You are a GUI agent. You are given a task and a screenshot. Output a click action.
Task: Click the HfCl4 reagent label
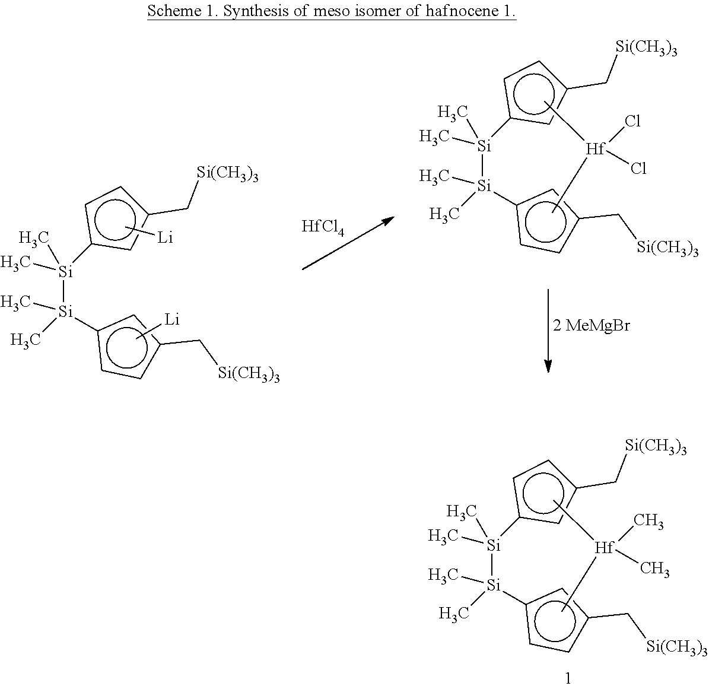pyautogui.click(x=322, y=227)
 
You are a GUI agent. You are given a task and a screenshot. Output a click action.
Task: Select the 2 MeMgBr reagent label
pyautogui.click(x=592, y=325)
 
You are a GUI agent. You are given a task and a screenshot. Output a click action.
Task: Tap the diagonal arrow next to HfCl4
pyautogui.click(x=348, y=243)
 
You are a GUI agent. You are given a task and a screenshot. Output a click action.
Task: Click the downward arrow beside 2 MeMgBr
pyautogui.click(x=548, y=331)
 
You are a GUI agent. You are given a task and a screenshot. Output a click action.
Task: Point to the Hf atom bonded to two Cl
pyautogui.click(x=594, y=148)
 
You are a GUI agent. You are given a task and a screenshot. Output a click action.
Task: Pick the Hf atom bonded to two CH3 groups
pyautogui.click(x=603, y=547)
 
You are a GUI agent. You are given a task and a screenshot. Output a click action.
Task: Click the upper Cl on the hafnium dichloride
pyautogui.click(x=632, y=121)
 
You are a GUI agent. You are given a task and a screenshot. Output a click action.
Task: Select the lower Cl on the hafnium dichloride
pyautogui.click(x=638, y=169)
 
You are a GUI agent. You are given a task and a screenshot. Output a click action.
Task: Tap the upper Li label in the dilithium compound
pyautogui.click(x=165, y=237)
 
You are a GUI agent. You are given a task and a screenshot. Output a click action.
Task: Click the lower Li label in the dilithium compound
pyautogui.click(x=172, y=319)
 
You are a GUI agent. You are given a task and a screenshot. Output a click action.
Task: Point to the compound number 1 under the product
pyautogui.click(x=568, y=678)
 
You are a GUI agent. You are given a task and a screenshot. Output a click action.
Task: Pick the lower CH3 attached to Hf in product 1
pyautogui.click(x=655, y=568)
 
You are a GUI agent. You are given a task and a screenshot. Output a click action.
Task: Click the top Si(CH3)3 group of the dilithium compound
pyautogui.click(x=227, y=173)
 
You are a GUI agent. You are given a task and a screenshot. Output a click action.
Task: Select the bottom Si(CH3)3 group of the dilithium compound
pyautogui.click(x=249, y=374)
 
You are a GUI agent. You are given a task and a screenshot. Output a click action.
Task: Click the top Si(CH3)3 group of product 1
pyautogui.click(x=656, y=446)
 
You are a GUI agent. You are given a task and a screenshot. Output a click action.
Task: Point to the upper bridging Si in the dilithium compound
pyautogui.click(x=66, y=271)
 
